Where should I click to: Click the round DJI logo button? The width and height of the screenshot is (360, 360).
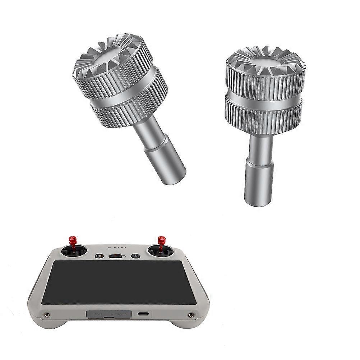coord(99,256)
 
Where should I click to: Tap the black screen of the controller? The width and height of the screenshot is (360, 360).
coord(119,282)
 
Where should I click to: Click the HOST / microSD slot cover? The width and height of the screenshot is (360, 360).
coord(107,314)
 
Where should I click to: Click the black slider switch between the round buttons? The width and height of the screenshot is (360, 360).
coord(116,256)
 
